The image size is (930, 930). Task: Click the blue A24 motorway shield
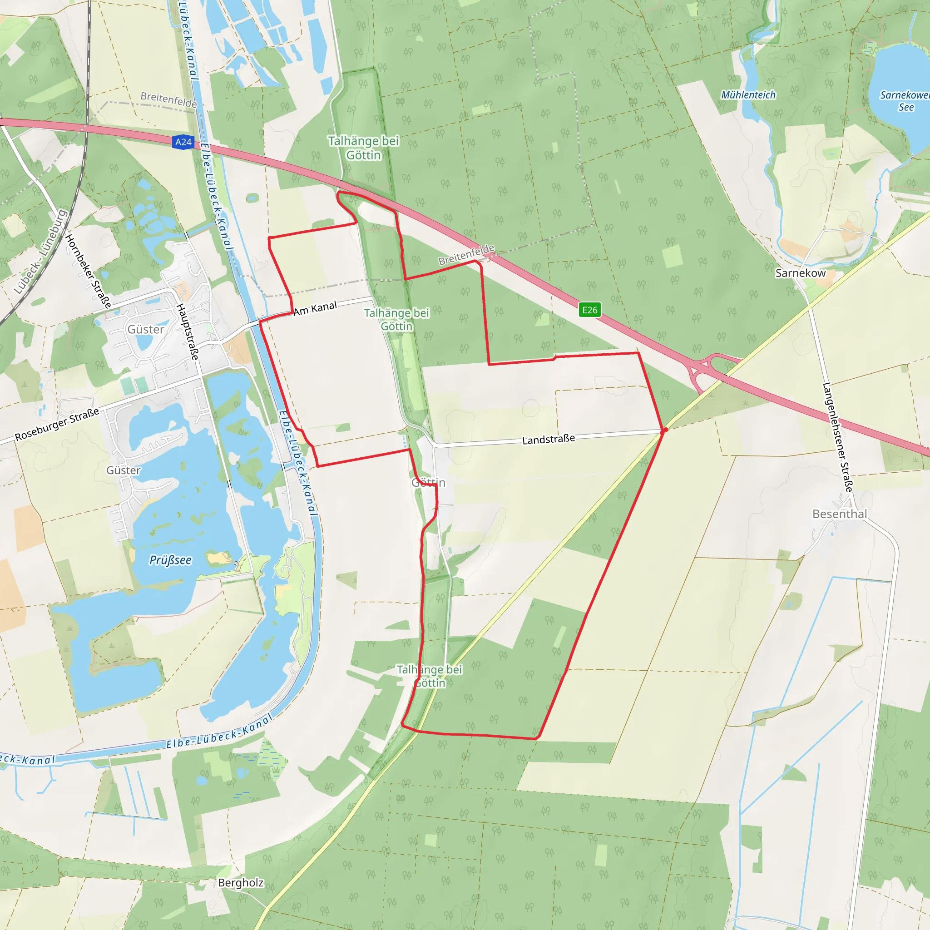coord(183,142)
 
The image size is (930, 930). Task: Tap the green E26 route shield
coord(590,310)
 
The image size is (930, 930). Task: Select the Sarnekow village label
coord(800,273)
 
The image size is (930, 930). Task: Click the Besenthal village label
coord(840,514)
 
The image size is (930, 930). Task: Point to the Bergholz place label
coord(241,882)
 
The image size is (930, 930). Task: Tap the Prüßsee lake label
coord(170,560)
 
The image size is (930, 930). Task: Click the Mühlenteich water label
coord(748,95)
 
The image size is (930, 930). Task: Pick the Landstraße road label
coord(548,440)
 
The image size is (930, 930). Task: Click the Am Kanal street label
coord(315,308)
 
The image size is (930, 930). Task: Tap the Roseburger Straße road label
coord(57,424)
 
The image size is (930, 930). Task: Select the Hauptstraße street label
coord(187,331)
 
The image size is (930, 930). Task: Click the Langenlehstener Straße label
coord(837,437)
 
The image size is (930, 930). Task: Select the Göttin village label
coord(428,482)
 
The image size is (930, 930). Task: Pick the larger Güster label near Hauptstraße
coord(145,329)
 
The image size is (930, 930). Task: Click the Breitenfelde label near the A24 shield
coord(168,99)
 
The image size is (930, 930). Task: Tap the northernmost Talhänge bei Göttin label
coord(363,148)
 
